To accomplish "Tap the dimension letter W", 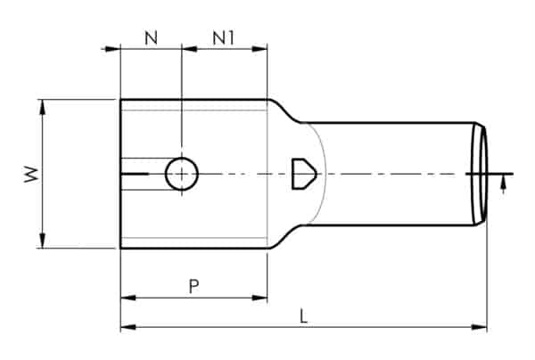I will click(x=30, y=175).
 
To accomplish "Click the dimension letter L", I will click(x=305, y=316).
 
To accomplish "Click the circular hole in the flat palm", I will click(x=182, y=174).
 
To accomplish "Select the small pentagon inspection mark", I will click(x=302, y=173).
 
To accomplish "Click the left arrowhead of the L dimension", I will click(x=127, y=328).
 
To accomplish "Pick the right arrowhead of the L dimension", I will click(x=481, y=328).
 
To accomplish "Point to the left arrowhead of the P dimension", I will click(x=127, y=298).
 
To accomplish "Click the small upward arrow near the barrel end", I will click(x=505, y=184).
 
